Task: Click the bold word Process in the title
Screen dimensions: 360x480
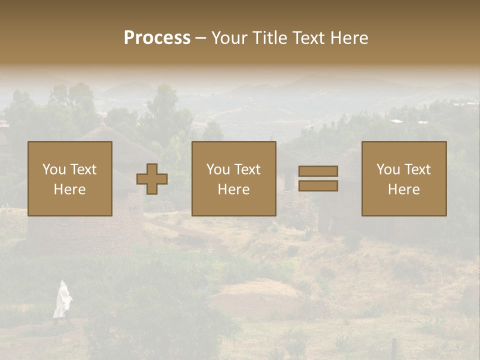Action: (157, 38)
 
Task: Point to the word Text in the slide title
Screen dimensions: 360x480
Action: (309, 38)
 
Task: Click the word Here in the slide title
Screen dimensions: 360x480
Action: (349, 38)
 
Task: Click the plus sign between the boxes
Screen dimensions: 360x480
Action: (152, 179)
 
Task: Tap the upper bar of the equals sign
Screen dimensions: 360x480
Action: (318, 171)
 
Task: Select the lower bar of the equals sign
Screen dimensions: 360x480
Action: (318, 186)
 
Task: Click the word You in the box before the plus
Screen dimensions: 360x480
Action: (54, 169)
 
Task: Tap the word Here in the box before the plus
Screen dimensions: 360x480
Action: (70, 189)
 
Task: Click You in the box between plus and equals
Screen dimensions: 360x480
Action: (218, 169)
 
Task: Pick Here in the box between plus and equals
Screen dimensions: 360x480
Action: (234, 189)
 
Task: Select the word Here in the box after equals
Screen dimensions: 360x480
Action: (404, 189)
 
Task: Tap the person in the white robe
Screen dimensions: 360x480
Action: (62, 299)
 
